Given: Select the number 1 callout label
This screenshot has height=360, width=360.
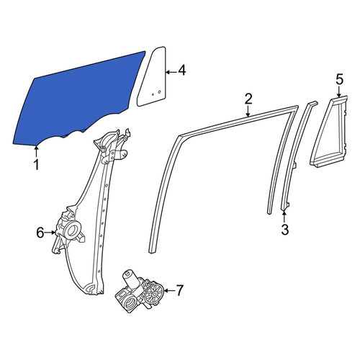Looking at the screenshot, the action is [x=36, y=165].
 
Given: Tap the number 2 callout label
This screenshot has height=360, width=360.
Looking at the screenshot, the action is [x=248, y=99].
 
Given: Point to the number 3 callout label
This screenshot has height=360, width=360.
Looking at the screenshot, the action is [x=284, y=229].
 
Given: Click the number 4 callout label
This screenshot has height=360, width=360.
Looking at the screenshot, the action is [x=181, y=71].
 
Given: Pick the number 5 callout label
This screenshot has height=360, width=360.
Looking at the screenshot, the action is [x=339, y=79].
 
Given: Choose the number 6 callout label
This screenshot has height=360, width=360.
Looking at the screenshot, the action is [x=40, y=233].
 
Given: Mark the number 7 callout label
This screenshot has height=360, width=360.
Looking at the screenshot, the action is [x=180, y=290].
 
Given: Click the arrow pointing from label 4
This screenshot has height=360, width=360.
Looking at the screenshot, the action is [x=171, y=72].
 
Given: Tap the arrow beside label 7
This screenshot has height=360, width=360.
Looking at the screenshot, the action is [x=169, y=291].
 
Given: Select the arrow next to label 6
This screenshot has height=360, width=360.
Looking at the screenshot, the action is [x=50, y=233].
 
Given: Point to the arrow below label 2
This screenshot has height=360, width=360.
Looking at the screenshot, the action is [x=248, y=112].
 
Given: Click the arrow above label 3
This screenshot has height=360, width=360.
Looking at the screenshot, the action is [x=284, y=215].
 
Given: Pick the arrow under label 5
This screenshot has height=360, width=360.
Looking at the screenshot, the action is [x=339, y=91].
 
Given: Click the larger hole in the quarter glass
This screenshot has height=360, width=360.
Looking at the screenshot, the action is [x=159, y=92].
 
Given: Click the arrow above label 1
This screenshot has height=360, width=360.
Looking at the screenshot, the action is [x=36, y=152].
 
